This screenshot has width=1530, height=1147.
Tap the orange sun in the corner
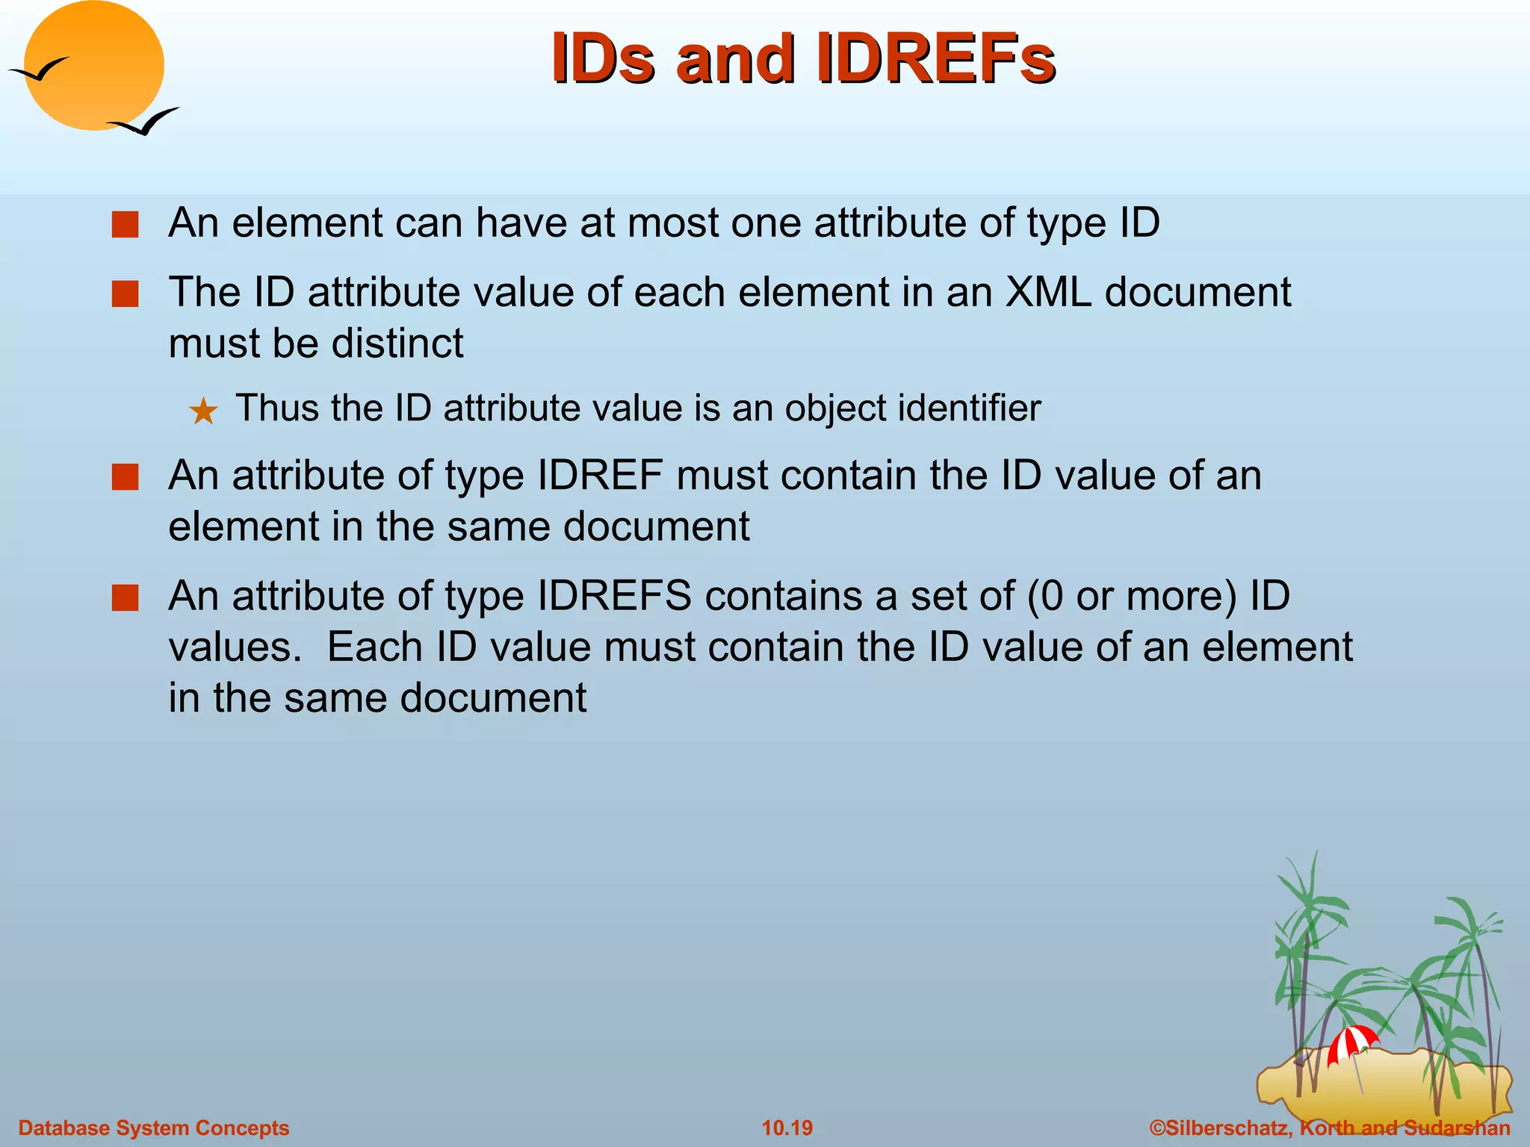(x=95, y=66)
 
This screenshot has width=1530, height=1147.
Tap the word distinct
(x=397, y=344)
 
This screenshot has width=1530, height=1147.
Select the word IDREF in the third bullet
(x=600, y=476)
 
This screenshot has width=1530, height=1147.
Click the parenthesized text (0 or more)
(x=1133, y=596)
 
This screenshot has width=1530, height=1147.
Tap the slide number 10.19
(x=787, y=1128)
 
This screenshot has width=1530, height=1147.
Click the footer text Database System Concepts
(x=153, y=1128)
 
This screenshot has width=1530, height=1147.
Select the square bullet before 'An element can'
(x=126, y=224)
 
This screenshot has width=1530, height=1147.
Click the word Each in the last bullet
(x=374, y=647)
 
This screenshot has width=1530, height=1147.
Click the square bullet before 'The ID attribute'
(x=126, y=293)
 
